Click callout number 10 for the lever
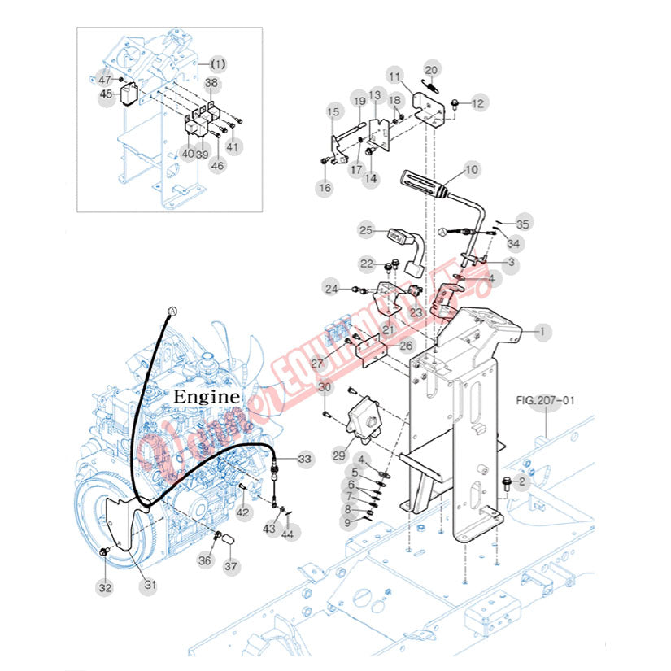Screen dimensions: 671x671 point(472,171)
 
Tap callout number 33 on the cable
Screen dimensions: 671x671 point(304,460)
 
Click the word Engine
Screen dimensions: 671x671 point(207,397)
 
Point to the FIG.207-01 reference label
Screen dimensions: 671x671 point(546,400)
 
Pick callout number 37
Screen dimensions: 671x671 point(232,567)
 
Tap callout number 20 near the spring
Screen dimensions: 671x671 point(432,69)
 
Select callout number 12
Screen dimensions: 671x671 point(478,103)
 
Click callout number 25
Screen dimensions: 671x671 point(366,231)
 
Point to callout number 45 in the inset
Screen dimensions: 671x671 point(106,94)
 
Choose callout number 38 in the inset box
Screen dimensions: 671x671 point(211,83)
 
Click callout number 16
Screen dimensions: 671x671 point(325,188)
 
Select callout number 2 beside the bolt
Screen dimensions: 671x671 point(524,481)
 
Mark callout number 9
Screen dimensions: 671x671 point(347,522)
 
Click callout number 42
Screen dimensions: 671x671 point(243,512)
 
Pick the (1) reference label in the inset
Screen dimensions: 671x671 point(218,63)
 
